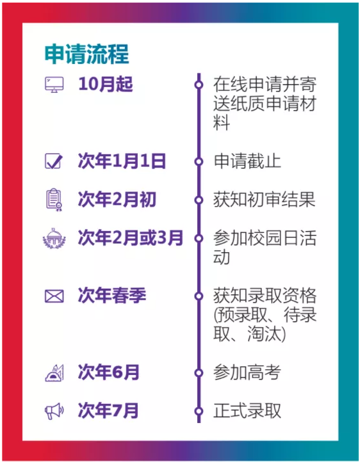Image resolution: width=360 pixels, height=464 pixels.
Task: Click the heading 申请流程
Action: (87, 54)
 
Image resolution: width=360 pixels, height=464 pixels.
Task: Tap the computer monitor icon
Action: (54, 84)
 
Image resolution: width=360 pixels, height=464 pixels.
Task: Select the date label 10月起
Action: (106, 84)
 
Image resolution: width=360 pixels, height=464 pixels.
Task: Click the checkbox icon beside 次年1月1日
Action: (54, 161)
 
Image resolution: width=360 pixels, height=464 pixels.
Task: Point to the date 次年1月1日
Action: (122, 161)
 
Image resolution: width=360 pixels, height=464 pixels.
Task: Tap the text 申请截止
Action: (247, 161)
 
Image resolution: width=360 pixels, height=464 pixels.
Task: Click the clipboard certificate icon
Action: (54, 200)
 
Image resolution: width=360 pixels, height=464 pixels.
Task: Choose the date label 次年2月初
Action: (117, 199)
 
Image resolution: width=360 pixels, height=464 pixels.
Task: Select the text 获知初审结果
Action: (264, 200)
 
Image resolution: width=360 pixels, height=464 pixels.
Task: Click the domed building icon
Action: (54, 238)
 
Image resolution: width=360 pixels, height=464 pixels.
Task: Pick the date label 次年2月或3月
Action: (131, 237)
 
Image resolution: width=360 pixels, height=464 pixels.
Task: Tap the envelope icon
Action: (54, 296)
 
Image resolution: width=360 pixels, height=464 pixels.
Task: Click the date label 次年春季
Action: (112, 295)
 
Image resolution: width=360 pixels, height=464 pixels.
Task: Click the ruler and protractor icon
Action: (54, 372)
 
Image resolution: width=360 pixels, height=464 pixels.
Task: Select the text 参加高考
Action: (247, 372)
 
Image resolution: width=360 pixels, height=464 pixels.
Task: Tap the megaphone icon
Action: (54, 411)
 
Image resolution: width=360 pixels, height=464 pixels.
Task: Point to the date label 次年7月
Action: (108, 410)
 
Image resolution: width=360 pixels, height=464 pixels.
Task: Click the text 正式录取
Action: (247, 411)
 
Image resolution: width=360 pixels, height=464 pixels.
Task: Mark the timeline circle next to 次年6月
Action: (199, 373)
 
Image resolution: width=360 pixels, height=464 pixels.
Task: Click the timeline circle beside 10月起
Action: (199, 85)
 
